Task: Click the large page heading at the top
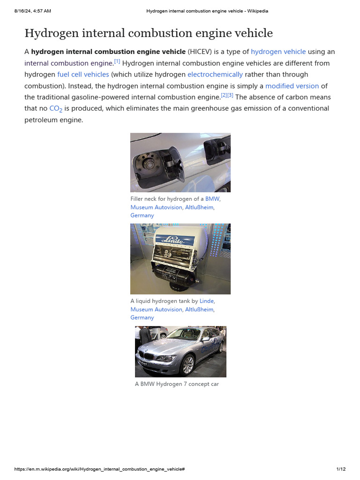(x=148, y=33)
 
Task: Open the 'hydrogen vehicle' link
(x=278, y=52)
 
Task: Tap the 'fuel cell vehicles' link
(x=83, y=75)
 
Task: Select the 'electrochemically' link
(x=215, y=75)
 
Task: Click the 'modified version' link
(x=292, y=86)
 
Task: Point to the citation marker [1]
(x=117, y=61)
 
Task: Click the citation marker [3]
(x=230, y=96)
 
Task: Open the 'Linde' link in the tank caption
(x=207, y=301)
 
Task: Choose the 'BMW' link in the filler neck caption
(x=212, y=199)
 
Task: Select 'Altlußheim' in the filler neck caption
(x=199, y=207)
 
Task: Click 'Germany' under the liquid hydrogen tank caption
(x=142, y=318)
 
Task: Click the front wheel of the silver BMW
(x=187, y=364)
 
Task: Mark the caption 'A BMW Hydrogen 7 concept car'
(x=177, y=384)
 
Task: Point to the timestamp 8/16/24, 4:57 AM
(x=32, y=11)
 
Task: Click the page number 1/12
(x=341, y=469)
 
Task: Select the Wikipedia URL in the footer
(x=99, y=469)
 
